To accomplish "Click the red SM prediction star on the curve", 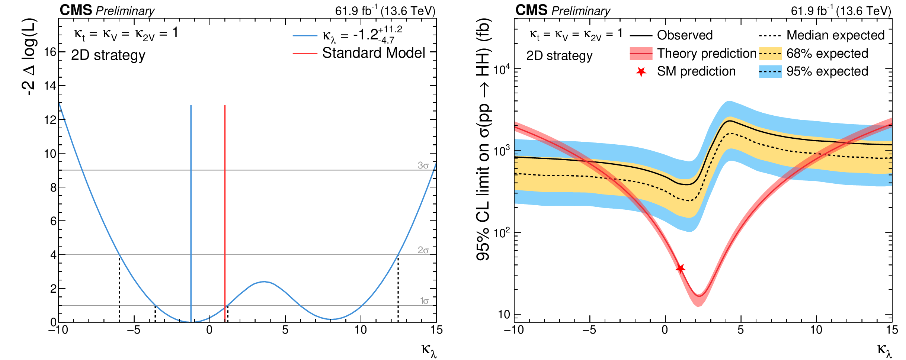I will pos(680,268).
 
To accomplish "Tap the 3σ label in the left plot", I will pos(423,165).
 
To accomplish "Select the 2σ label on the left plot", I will pos(423,250).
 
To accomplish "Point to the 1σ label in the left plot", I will pos(424,301).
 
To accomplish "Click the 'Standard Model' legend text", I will pos(373,53).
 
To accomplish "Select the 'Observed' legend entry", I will pos(685,35).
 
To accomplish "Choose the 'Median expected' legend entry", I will pos(835,35).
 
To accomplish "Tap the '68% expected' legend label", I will pos(827,54).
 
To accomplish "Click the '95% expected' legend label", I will pos(827,71).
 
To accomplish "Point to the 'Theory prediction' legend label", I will pos(707,54).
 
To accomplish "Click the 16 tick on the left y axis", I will pos(50,52).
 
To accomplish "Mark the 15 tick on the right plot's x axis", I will pos(892,330).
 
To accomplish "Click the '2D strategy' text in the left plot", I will pos(108,55).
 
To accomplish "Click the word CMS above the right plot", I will pos(531,10).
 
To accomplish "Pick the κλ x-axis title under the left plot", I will pos(429,350).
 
